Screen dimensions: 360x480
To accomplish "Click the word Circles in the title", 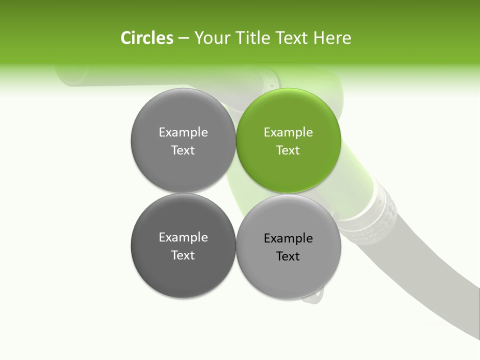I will pos(147,38).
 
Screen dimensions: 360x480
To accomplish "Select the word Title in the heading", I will pos(253,38).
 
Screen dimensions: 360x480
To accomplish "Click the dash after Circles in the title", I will pos(183,38).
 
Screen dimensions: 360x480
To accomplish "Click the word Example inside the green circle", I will pos(288,132).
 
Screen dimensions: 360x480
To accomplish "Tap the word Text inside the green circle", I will pos(288,150).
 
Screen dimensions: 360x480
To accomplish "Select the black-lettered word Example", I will pos(288,238).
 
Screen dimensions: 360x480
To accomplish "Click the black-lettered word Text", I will pos(288,256).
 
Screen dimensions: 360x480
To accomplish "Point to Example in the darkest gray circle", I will pos(183,237).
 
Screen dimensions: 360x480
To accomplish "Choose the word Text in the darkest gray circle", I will pos(183,255).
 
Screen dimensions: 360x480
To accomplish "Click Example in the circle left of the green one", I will pos(183,132).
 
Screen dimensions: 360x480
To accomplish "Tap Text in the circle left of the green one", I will pos(183,150).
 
